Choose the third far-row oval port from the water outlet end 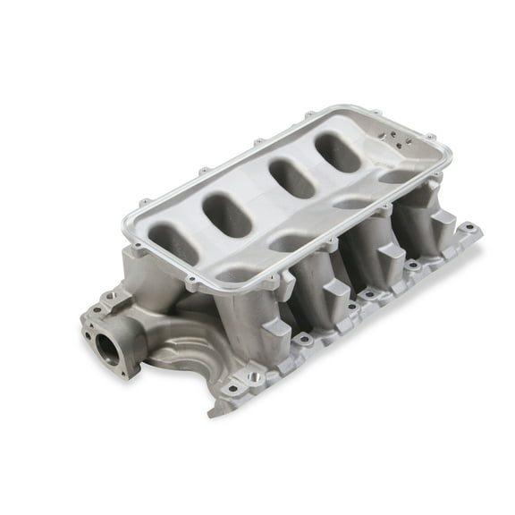click(x=292, y=177)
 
